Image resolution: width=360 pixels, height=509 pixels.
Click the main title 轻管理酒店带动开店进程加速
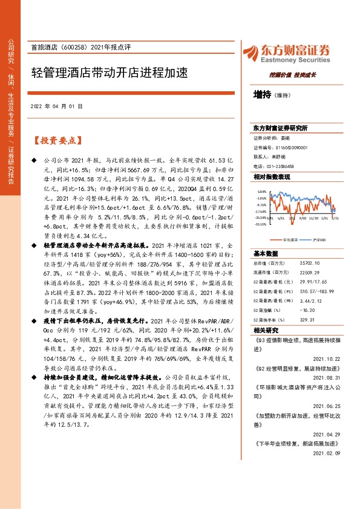coord(109,73)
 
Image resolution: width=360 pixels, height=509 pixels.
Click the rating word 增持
coord(261,95)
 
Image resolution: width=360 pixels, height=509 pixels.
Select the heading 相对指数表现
coord(272,177)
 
